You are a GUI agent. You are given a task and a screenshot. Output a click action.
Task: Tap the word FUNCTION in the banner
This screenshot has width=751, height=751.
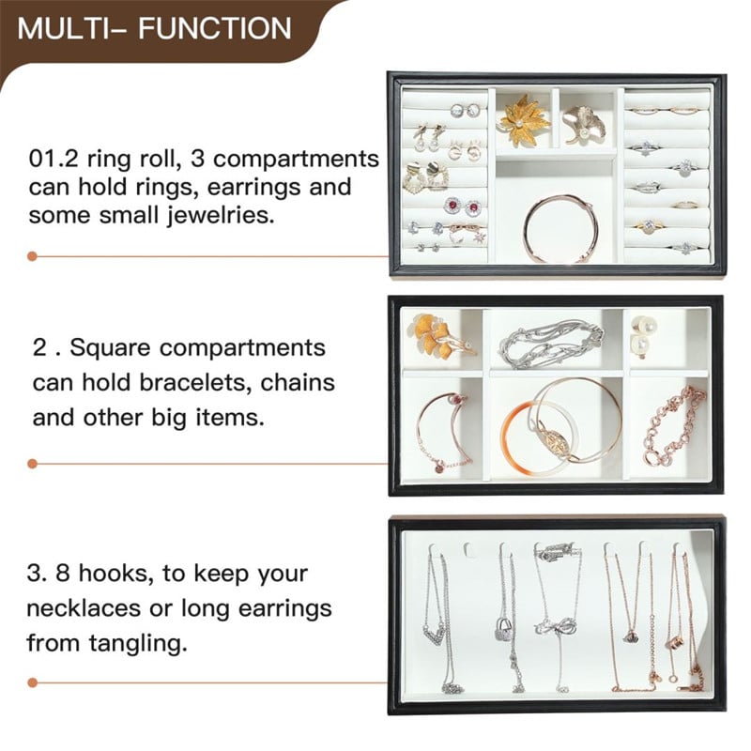tap(215, 28)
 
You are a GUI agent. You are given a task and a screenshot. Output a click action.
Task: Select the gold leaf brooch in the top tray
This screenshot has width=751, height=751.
tap(523, 120)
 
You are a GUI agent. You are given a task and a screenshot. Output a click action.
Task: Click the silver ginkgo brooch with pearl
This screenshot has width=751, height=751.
tap(584, 125)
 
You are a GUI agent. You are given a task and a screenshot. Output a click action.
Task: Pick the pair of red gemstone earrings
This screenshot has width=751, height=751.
tap(462, 207)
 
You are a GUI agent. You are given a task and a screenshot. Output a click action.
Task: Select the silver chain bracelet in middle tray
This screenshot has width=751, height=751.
tap(551, 343)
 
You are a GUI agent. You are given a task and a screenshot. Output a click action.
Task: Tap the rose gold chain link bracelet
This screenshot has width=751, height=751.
tap(674, 426)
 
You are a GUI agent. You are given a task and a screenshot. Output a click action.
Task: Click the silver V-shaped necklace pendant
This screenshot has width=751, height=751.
tap(434, 636)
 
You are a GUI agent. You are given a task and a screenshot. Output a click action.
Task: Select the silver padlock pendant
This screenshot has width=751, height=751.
tap(502, 629)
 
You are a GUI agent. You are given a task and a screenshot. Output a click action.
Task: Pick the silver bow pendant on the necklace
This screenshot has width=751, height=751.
tap(556, 626)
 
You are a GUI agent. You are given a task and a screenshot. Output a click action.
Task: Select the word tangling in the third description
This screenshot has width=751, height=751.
tap(137, 644)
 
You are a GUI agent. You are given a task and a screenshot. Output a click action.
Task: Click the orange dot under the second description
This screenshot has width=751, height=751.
tap(33, 464)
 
